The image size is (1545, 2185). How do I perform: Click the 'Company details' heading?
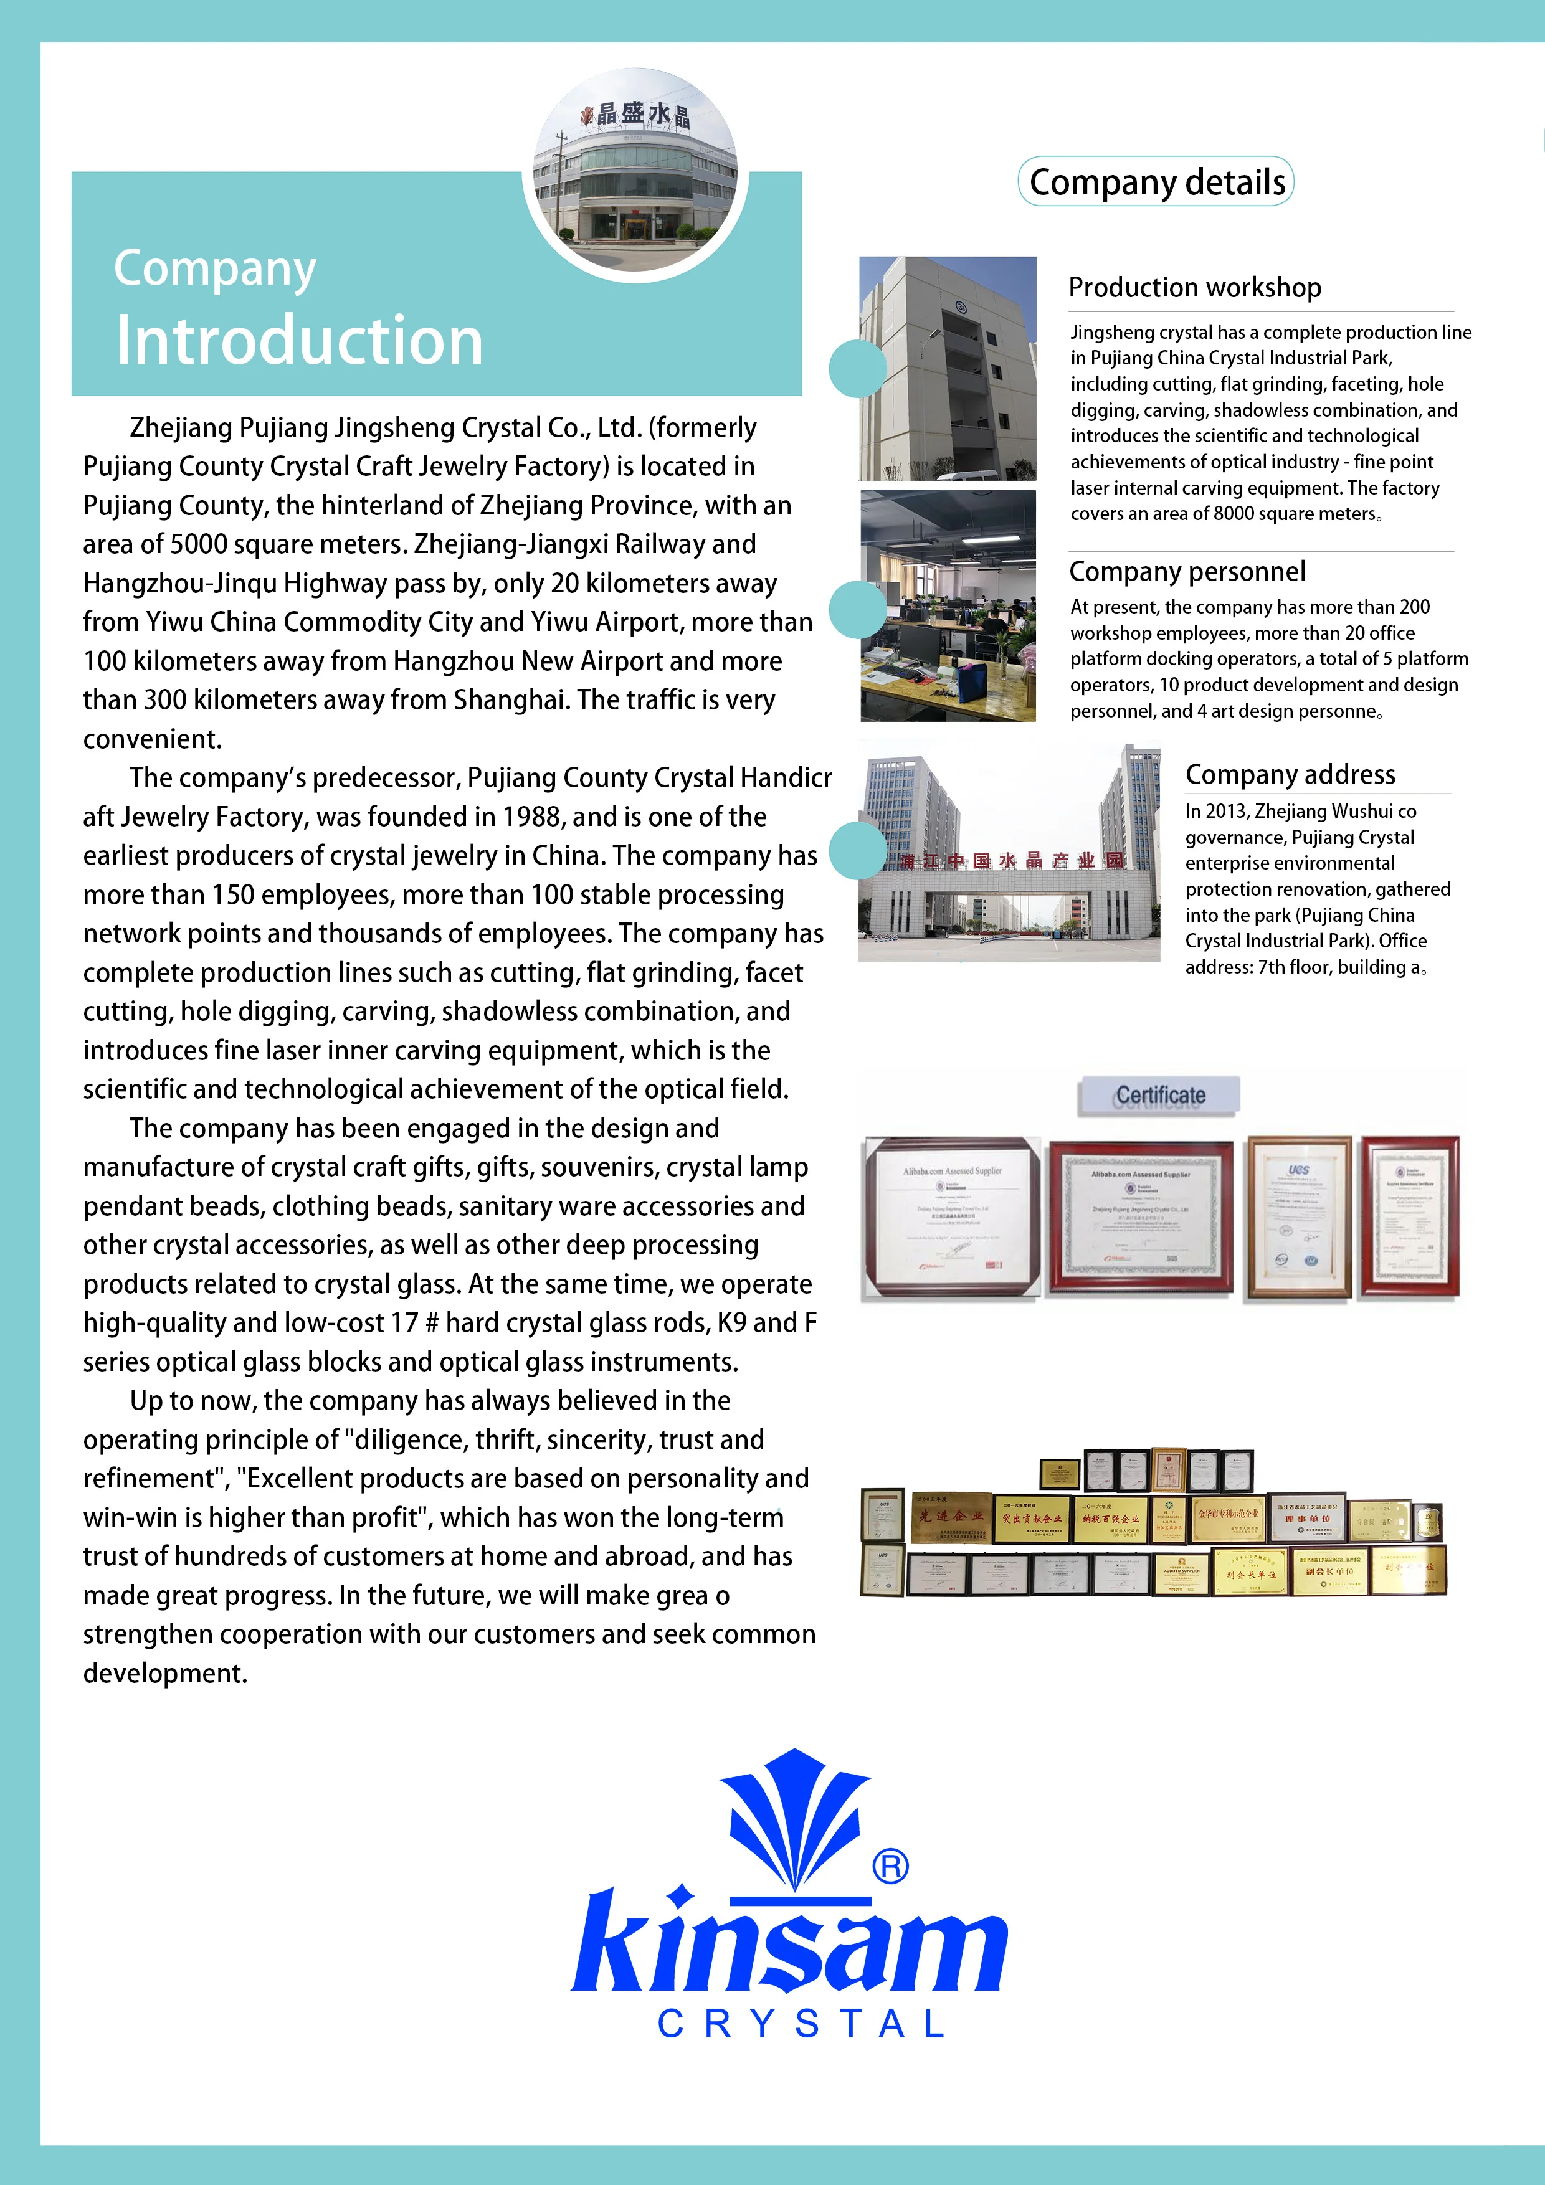1157,182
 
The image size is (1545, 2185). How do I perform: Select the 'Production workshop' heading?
1195,287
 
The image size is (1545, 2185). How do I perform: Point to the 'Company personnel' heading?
1187,571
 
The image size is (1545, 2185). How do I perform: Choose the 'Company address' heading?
1290,775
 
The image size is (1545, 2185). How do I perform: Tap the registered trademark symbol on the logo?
890,1867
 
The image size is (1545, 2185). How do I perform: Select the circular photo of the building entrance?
635,171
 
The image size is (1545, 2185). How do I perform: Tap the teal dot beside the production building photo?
857,368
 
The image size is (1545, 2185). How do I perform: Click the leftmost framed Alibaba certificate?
951,1217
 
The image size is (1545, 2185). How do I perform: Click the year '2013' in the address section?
1224,812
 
